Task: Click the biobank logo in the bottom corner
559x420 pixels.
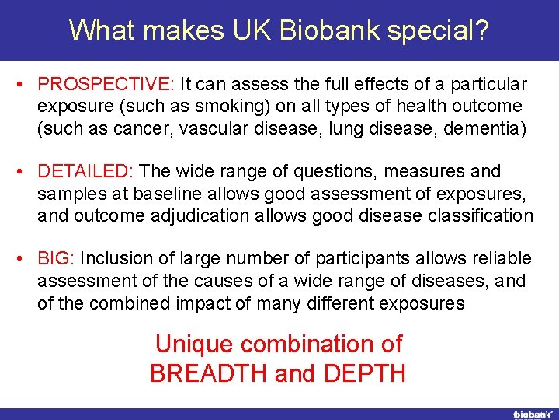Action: click(x=531, y=414)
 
